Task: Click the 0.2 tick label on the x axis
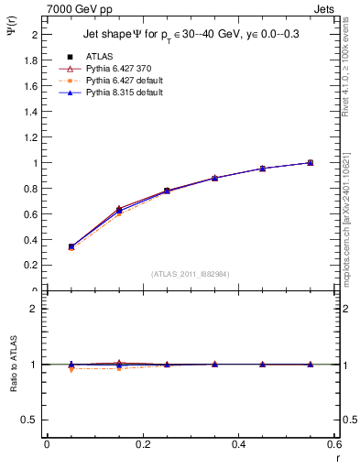[x=142, y=445]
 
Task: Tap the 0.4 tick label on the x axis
[x=238, y=445]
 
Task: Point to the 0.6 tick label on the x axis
[x=333, y=445]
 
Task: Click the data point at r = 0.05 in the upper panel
[x=71, y=246]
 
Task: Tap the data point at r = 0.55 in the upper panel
[x=310, y=162]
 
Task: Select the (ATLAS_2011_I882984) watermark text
[x=190, y=273]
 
